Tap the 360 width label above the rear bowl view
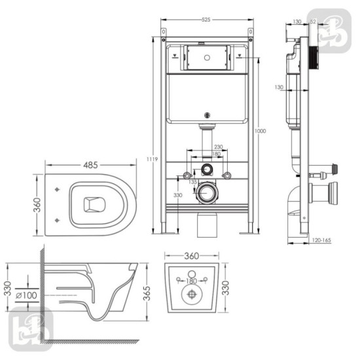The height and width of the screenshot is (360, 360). click(192, 255)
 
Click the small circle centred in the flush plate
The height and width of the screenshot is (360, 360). click(206, 57)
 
